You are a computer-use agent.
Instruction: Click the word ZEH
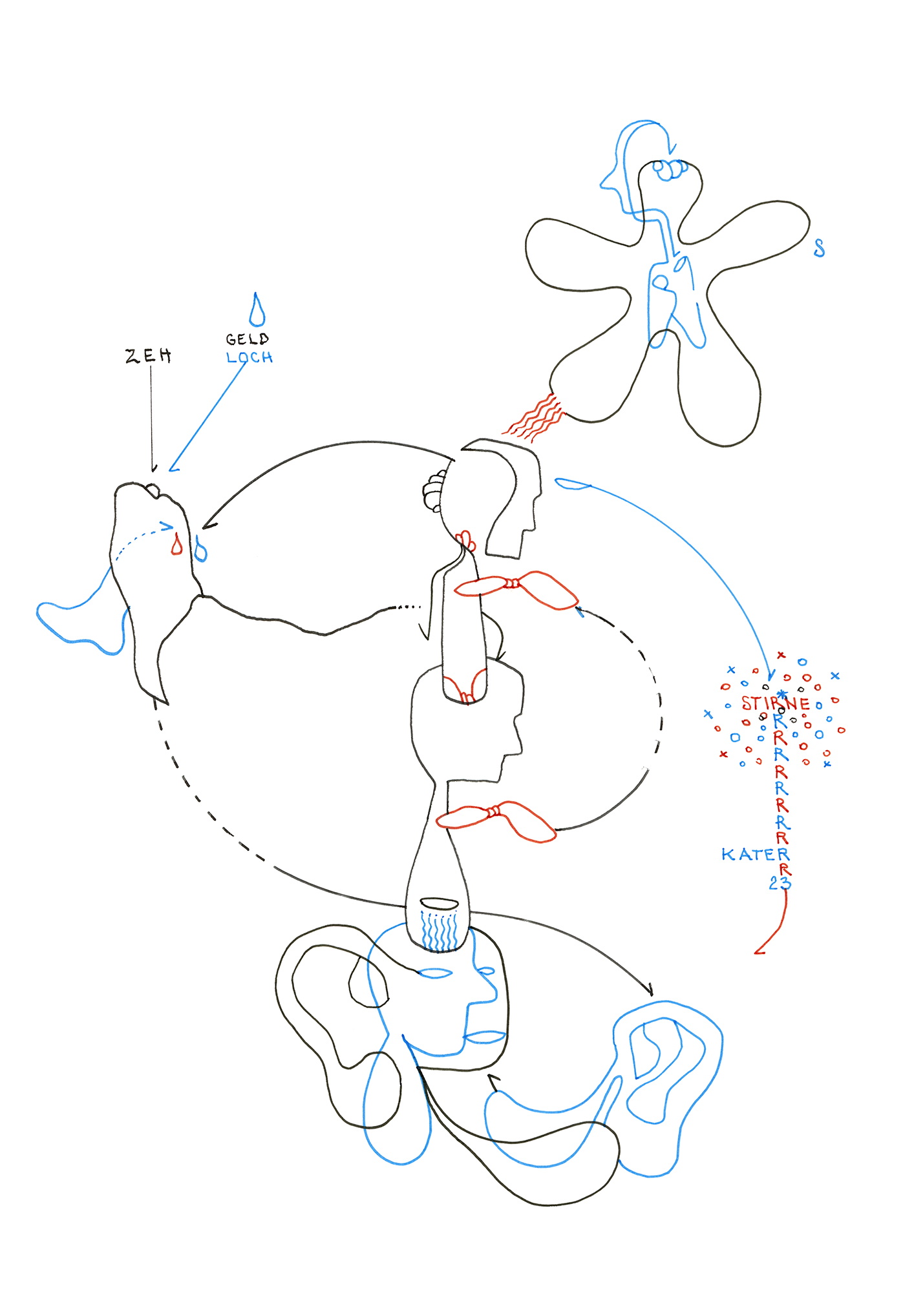[149, 355]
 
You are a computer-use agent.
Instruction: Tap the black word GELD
[247, 339]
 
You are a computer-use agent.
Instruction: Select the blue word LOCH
[250, 357]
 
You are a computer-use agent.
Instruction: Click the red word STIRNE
[775, 703]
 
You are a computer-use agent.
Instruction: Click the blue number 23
[779, 883]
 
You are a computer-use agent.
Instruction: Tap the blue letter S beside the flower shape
[819, 248]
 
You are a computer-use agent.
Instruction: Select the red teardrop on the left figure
[176, 545]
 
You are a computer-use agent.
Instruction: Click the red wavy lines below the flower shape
[535, 417]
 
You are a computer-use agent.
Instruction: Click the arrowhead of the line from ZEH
[154, 468]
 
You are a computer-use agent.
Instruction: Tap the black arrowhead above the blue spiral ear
[649, 990]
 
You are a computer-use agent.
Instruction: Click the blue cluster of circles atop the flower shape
[670, 169]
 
